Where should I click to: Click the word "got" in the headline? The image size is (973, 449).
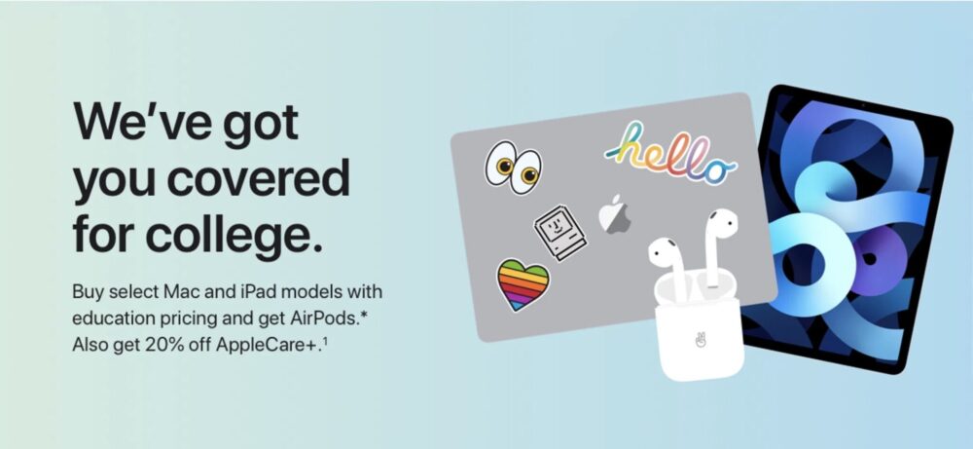click(261, 126)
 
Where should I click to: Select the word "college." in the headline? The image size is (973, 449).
click(234, 236)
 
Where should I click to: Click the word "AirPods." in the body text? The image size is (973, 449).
click(326, 318)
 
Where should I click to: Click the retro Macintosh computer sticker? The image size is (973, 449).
click(560, 233)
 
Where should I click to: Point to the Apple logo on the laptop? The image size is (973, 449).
click(615, 215)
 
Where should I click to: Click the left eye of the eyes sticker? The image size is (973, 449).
click(501, 163)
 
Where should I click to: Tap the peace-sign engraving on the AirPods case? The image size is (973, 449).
click(701, 340)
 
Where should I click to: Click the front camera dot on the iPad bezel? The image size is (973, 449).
click(861, 105)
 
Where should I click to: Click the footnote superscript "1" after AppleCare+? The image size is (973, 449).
click(325, 340)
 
